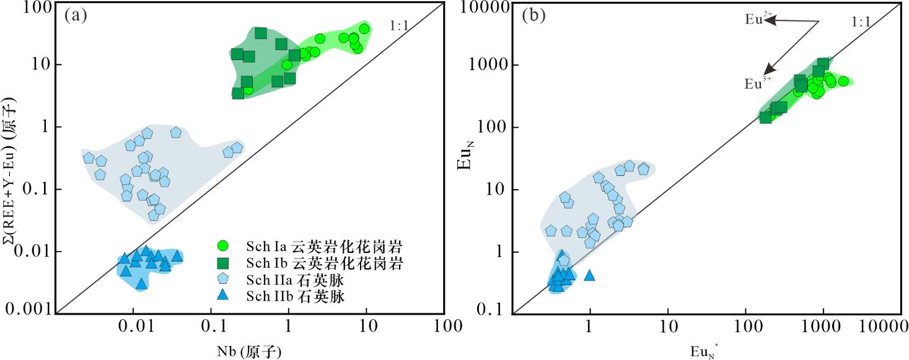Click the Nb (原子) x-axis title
tap(250, 351)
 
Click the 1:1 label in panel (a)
tap(400, 25)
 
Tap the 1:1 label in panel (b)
tap(861, 22)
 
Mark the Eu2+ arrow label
tap(756, 19)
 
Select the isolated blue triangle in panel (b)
tap(589, 275)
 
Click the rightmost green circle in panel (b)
tap(843, 81)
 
